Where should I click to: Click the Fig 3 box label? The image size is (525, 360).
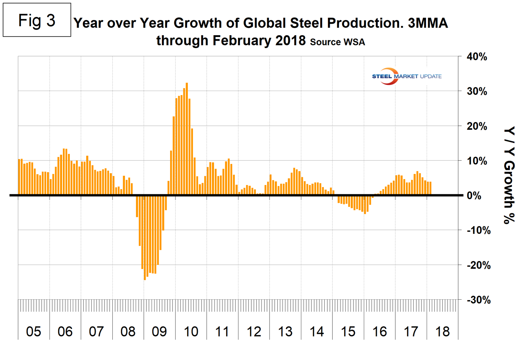click(x=37, y=20)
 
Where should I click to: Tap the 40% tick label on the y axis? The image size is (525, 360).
click(x=477, y=57)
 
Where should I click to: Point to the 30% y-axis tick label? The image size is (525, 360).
click(x=477, y=91)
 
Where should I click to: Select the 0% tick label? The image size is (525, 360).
click(x=474, y=196)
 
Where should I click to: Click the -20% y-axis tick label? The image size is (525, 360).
click(x=478, y=265)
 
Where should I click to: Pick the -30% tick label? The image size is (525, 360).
click(x=478, y=300)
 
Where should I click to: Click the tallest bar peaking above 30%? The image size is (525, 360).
click(x=187, y=139)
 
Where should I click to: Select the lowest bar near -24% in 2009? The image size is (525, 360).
click(x=145, y=237)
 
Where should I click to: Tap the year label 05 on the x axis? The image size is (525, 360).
click(x=34, y=332)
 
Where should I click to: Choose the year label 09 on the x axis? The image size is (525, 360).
click(x=159, y=332)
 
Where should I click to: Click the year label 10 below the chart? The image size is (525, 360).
click(x=191, y=332)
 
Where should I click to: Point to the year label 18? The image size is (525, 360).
click(x=443, y=332)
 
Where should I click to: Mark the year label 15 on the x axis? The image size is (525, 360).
click(x=348, y=332)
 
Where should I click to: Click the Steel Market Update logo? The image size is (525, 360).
click(x=406, y=76)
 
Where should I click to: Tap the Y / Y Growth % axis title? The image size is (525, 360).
click(x=509, y=175)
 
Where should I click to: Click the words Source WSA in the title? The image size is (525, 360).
click(x=338, y=42)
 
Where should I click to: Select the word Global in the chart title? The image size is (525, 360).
click(x=264, y=23)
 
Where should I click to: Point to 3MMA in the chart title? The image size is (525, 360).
click(x=428, y=23)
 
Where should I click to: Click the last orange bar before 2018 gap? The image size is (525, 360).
click(x=430, y=188)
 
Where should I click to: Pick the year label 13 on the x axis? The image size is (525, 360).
click(x=285, y=332)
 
